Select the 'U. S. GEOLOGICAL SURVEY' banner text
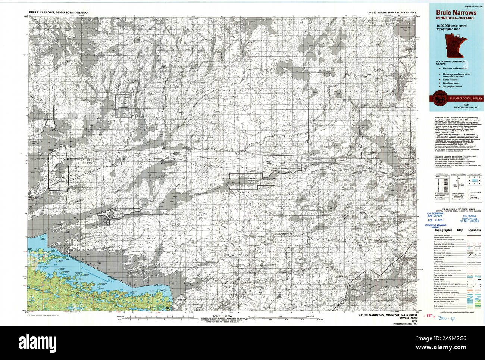(x=462, y=98)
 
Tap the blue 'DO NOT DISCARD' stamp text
(x=470, y=221)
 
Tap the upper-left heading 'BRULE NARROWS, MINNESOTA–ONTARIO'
(x=60, y=13)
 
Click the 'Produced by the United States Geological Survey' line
(x=455, y=117)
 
